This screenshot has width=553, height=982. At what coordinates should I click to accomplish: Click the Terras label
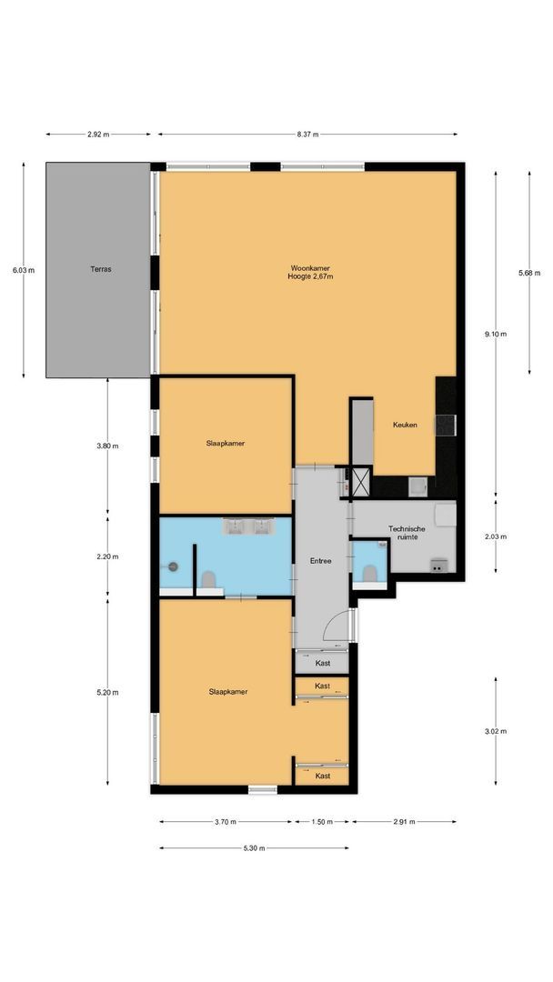[100, 269]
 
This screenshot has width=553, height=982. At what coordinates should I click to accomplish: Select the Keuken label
[405, 426]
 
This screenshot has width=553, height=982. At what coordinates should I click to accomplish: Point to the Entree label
[320, 561]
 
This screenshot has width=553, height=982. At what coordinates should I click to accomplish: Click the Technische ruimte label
[407, 533]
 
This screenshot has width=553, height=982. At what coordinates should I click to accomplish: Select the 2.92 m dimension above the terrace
[98, 135]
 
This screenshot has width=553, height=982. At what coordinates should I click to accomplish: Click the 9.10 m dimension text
[496, 335]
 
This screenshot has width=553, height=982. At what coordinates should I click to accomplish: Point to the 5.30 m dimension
[253, 848]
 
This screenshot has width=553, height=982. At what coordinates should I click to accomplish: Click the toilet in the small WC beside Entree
[369, 572]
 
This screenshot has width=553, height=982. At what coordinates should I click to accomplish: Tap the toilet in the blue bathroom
[208, 578]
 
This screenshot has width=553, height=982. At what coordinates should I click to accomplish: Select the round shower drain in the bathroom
[173, 566]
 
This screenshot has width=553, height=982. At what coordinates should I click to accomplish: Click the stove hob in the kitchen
[446, 426]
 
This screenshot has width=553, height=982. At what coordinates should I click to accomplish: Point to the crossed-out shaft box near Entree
[360, 479]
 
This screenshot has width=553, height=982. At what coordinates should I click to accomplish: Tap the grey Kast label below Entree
[322, 663]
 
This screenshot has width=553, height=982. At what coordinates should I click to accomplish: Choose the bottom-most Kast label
[322, 776]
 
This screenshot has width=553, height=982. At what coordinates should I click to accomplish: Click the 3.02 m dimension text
[496, 731]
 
